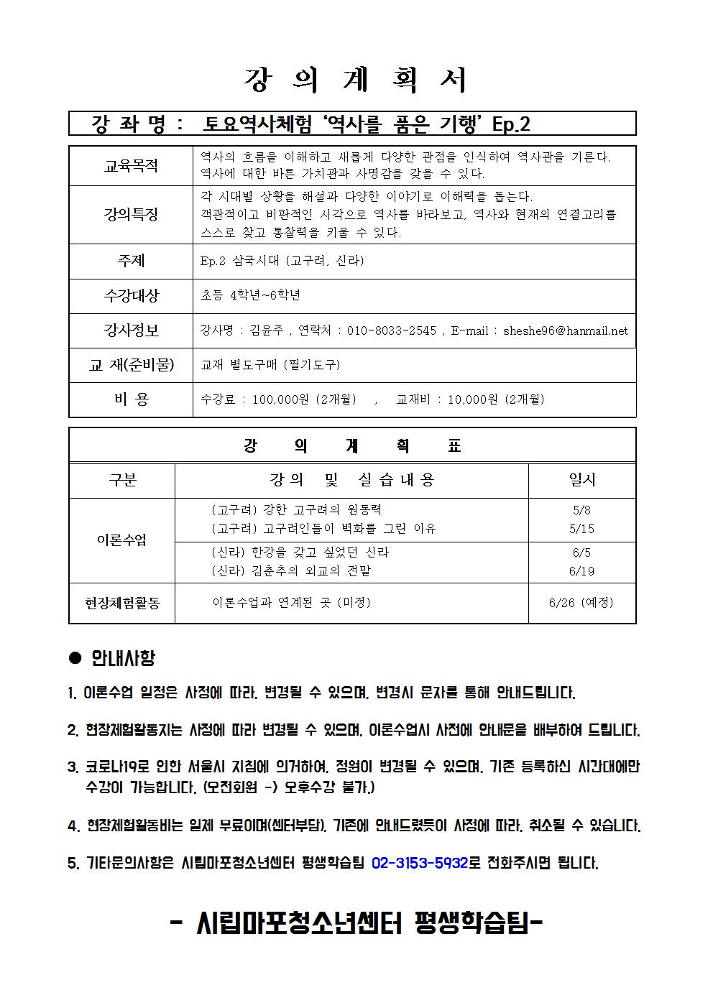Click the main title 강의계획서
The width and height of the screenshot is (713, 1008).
356,80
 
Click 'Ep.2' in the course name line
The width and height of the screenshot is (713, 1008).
511,124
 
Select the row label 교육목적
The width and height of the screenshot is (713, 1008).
131,167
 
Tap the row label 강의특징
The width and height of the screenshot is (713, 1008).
131,214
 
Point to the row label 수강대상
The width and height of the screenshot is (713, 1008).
131,295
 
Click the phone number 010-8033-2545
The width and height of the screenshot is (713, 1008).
391,330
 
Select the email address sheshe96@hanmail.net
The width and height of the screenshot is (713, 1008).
565,330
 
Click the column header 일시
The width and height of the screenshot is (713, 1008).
581,480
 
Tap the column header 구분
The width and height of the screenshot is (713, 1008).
122,480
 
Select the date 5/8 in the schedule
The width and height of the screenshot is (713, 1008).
581,510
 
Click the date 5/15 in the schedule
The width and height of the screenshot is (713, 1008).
581,529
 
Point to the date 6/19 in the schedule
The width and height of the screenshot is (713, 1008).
581,571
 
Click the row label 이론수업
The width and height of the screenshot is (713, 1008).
122,540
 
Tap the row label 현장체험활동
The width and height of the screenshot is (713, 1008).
122,603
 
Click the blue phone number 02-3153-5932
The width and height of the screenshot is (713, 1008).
420,863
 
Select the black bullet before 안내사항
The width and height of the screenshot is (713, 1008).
74,657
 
